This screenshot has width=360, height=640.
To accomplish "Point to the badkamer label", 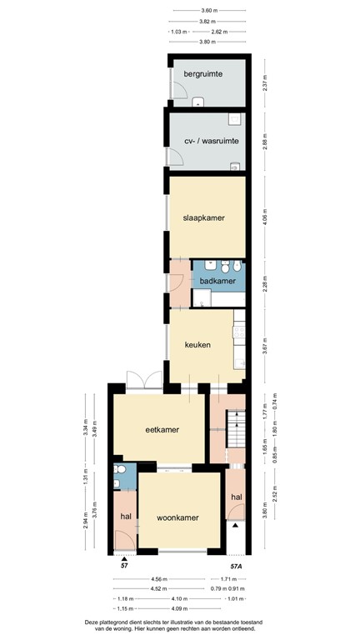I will click(217, 281).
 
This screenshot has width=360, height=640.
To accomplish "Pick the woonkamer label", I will click(177, 517).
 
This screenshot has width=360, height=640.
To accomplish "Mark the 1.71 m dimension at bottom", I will click(238, 577).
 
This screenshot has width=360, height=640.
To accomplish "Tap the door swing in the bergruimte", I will click(177, 93).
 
